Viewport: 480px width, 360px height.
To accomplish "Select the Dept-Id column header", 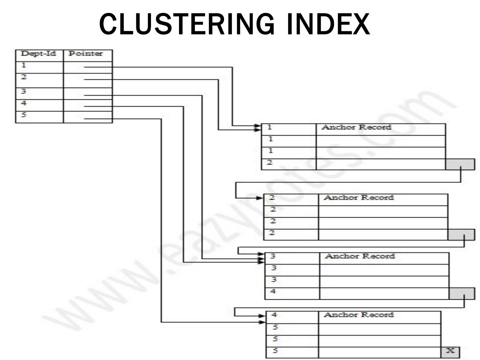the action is click(x=39, y=54).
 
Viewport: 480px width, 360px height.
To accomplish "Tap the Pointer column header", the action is click(x=86, y=54).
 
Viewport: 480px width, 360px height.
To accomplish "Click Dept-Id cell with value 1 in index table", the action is click(x=39, y=66).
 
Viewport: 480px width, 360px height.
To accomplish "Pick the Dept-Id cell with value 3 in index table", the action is click(x=39, y=93).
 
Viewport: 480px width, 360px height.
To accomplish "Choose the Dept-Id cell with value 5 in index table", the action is click(x=39, y=116).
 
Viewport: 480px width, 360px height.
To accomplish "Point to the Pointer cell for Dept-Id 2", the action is click(x=88, y=80).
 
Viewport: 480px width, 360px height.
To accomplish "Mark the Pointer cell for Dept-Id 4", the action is click(x=88, y=105).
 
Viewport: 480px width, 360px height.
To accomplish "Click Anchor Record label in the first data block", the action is click(x=356, y=127).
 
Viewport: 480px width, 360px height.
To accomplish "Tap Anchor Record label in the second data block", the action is click(x=359, y=198).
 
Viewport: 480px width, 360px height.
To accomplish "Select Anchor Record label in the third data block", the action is click(x=360, y=256).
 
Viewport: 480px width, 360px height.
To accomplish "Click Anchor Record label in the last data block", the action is click(x=359, y=315).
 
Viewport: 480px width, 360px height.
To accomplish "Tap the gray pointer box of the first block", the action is click(x=460, y=164).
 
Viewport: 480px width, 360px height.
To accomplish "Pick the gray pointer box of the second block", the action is click(x=461, y=235).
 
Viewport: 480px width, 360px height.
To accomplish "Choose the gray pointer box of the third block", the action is click(x=462, y=293).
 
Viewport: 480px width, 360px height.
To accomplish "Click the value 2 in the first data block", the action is click(x=270, y=163).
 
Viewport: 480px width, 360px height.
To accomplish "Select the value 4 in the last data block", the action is click(x=274, y=315).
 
